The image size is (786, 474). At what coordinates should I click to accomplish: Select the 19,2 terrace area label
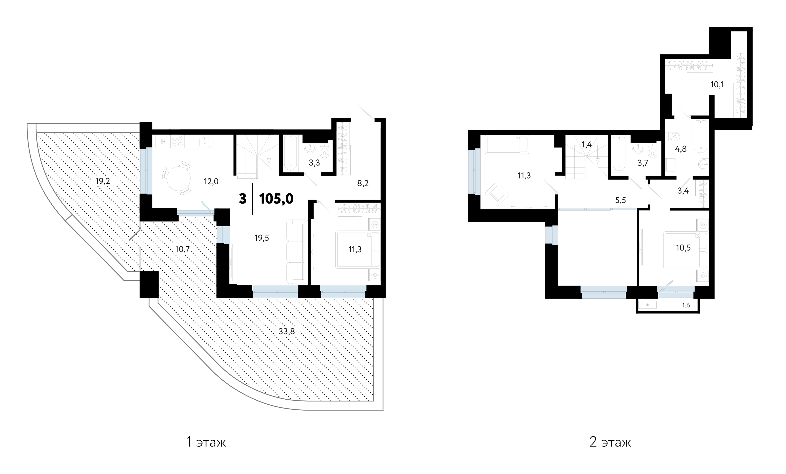(103, 181)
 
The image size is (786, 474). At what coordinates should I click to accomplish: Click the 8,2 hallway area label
(363, 183)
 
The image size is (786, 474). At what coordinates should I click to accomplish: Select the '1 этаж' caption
(206, 442)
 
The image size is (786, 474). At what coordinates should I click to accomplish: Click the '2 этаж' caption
(610, 442)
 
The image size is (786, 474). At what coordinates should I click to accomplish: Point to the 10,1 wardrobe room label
(717, 85)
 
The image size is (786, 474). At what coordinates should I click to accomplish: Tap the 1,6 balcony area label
(686, 305)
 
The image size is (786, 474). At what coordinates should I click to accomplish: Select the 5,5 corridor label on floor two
(620, 200)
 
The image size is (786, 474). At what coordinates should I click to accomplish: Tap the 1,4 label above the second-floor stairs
(587, 144)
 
